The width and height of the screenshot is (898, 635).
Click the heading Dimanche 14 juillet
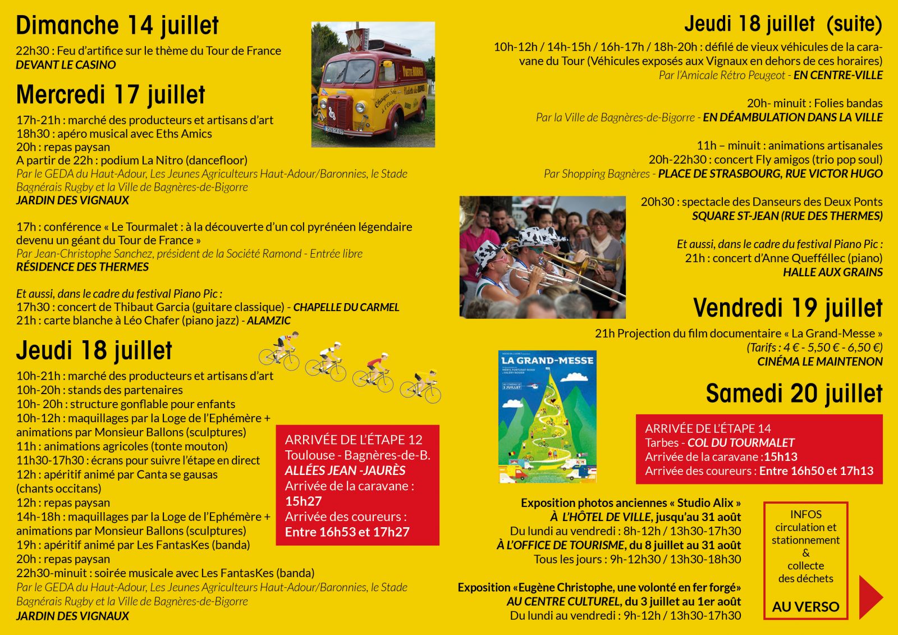(x=117, y=26)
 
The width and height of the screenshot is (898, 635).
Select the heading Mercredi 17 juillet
(x=111, y=95)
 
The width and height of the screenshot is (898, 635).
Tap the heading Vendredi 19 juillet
(x=787, y=308)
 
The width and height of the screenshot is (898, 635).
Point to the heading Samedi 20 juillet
(x=794, y=394)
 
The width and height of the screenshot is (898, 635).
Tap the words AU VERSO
(x=805, y=607)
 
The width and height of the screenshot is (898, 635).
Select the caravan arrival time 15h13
(x=780, y=457)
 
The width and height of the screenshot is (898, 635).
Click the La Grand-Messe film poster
(x=547, y=417)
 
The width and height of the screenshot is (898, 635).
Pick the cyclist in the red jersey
(x=374, y=371)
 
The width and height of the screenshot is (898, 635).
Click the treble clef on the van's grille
(x=332, y=116)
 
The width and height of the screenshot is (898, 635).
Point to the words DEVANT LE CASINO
(x=66, y=65)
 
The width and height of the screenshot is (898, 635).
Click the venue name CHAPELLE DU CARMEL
(x=346, y=307)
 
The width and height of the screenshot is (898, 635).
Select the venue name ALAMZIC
(x=269, y=321)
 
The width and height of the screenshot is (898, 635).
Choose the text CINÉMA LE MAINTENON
(x=819, y=362)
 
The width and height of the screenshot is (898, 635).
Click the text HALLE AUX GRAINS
(x=832, y=272)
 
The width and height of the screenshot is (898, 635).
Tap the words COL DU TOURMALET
(x=741, y=443)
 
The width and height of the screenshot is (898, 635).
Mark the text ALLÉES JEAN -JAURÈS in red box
(x=345, y=470)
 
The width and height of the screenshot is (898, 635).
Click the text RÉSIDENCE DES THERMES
(x=82, y=267)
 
